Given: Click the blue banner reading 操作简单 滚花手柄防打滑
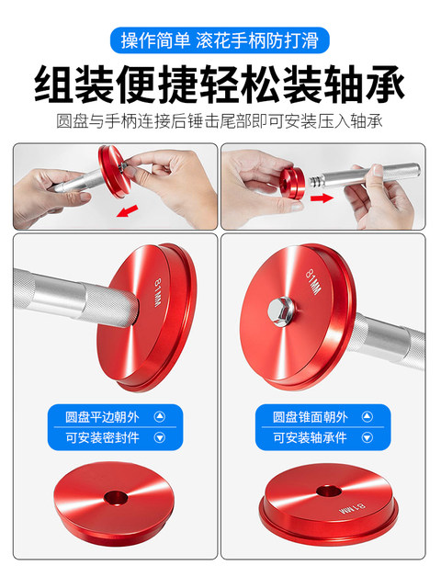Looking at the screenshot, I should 220,40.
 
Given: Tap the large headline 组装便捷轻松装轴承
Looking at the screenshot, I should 220,86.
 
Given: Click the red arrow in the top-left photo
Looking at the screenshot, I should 130,212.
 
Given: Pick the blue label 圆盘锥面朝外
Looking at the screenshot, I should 326,416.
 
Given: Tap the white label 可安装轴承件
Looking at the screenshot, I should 326,439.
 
